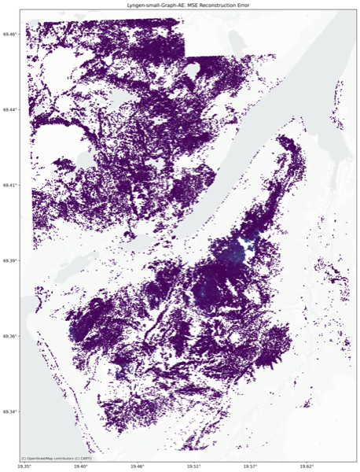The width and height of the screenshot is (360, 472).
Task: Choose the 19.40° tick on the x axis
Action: pos(81,467)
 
